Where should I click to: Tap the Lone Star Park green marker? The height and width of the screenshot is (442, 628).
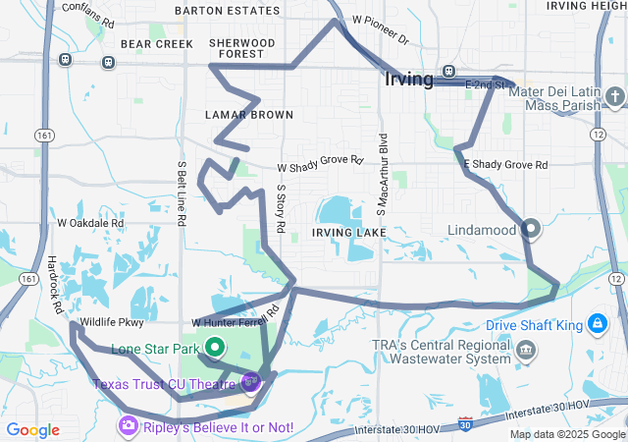[215, 347]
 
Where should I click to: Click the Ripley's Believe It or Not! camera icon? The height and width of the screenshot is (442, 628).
[129, 425]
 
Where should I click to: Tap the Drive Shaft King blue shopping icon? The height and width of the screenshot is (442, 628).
[597, 324]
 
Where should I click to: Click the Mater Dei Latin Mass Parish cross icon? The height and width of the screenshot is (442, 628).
[614, 96]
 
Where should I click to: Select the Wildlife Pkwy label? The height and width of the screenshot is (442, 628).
[112, 321]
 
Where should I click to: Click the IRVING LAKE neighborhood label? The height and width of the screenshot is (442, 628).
[349, 232]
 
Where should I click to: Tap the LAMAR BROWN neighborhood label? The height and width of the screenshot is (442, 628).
[248, 115]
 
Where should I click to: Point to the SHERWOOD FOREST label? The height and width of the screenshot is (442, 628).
[242, 49]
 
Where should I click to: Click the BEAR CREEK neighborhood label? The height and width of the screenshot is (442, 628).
[157, 44]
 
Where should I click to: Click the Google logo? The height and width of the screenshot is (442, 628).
[32, 430]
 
